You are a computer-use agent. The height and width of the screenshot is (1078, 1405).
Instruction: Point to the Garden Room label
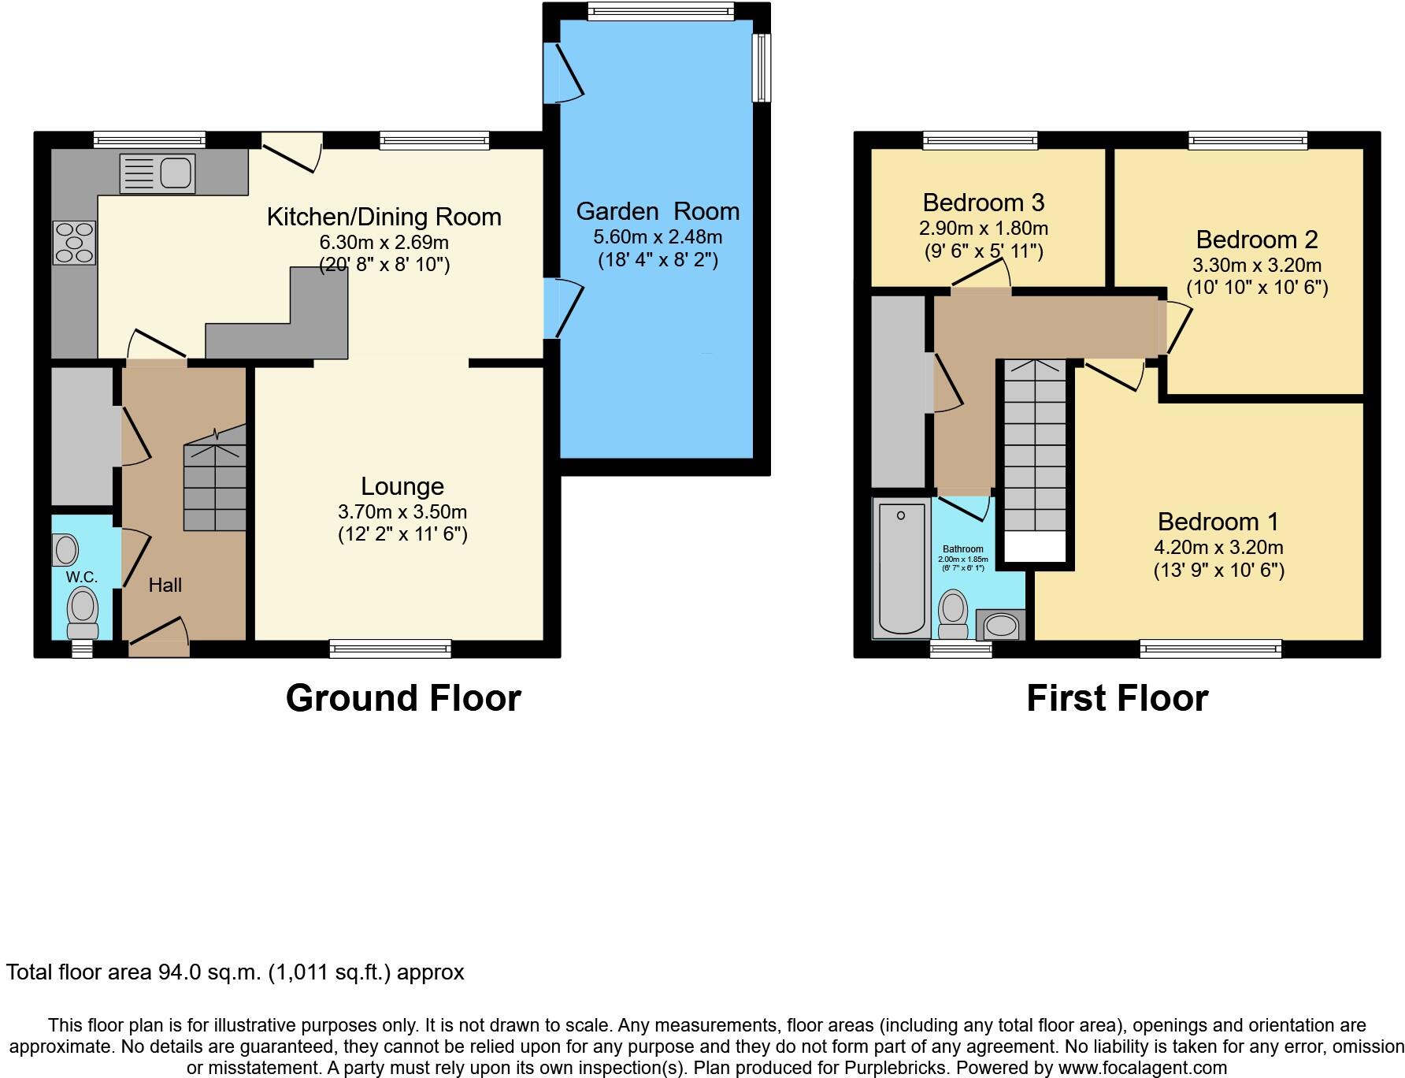[658, 211]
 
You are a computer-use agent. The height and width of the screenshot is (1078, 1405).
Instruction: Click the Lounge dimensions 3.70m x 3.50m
[402, 511]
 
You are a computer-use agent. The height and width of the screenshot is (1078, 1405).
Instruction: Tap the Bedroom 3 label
[983, 203]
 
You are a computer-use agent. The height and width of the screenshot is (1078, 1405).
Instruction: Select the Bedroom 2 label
[1256, 240]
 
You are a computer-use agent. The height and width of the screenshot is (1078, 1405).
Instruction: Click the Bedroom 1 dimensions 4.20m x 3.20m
[1218, 547]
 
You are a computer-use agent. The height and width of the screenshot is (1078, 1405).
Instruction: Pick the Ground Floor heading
[402, 698]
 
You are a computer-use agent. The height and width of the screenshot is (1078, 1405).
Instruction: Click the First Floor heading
[1117, 698]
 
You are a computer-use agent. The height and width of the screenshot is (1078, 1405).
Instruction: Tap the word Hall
[165, 585]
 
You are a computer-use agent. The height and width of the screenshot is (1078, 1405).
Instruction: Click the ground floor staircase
[215, 485]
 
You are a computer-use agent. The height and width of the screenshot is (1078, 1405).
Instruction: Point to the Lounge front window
[391, 649]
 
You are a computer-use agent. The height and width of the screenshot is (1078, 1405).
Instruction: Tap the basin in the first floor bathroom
[1000, 626]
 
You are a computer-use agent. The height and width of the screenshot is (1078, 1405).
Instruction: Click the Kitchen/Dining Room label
[384, 217]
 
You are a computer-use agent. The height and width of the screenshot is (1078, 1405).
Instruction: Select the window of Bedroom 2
[1248, 140]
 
